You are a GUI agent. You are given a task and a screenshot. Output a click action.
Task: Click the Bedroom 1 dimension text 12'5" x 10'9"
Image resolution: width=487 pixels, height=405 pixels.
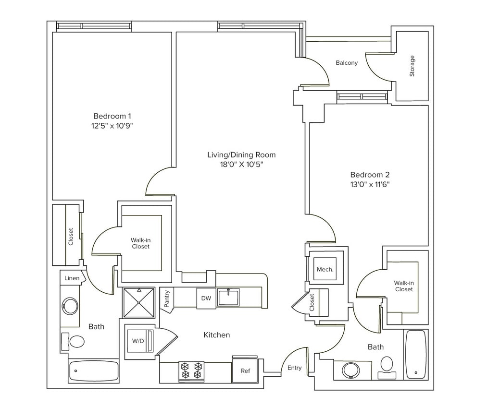[x=112, y=126]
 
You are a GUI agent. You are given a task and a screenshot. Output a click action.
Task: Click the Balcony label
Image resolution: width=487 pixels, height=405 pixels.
[x=347, y=63]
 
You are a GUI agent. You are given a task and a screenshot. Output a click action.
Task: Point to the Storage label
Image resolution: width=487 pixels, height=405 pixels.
[x=412, y=66]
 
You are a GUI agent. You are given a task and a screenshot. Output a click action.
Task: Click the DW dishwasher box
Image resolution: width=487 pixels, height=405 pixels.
[x=206, y=298]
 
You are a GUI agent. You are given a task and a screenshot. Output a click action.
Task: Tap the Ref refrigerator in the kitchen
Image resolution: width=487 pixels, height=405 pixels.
[x=245, y=370]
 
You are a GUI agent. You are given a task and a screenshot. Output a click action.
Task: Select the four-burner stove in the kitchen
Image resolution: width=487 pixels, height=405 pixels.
[x=191, y=371]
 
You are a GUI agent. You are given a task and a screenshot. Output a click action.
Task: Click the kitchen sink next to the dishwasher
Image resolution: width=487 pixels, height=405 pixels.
[x=228, y=297]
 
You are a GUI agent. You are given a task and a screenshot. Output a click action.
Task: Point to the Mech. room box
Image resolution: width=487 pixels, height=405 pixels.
[x=325, y=270]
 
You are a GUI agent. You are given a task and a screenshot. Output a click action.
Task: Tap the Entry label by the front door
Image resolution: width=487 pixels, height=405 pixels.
[x=295, y=368]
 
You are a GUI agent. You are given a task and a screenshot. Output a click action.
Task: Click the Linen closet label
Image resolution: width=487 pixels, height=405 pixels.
[x=72, y=278]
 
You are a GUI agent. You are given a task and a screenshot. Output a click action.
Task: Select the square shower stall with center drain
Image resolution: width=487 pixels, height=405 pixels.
[x=139, y=303]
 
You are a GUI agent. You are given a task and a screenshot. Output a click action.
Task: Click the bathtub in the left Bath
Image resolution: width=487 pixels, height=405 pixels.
[x=94, y=370]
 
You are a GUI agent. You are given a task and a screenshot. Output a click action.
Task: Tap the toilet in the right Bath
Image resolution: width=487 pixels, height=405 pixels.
[x=387, y=364]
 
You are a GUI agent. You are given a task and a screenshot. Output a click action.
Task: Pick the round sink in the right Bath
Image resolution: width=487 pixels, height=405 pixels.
[x=350, y=370]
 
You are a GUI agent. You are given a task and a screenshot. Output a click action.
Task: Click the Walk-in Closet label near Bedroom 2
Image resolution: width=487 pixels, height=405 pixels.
[x=404, y=286]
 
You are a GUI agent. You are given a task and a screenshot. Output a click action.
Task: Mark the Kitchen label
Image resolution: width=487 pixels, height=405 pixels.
[x=217, y=335]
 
